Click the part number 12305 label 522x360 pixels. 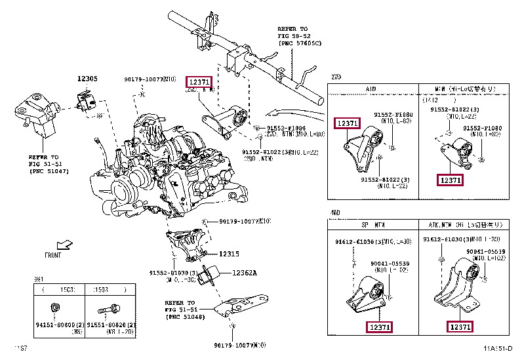(87, 79)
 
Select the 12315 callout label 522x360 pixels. (230, 254)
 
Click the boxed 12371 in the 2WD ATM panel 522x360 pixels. (347, 123)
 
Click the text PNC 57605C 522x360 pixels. (300, 43)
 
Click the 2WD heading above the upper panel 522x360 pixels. (336, 77)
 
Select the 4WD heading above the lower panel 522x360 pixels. (336, 214)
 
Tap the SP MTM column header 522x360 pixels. (372, 225)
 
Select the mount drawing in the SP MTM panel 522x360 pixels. (367, 295)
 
